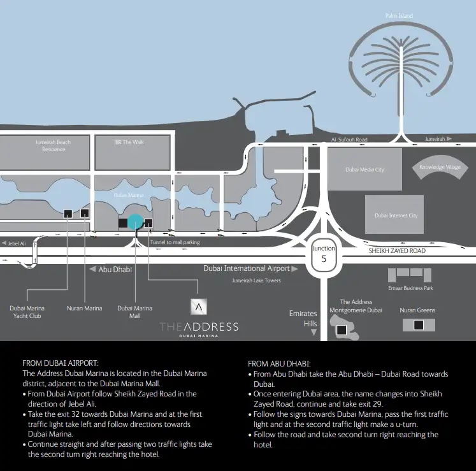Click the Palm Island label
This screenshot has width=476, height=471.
pyautogui.click(x=399, y=16)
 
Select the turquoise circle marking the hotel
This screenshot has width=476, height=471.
pyautogui.click(x=135, y=222)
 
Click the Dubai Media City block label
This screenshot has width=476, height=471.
pyautogui.click(x=364, y=170)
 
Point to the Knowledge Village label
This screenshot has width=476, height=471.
pyautogui.click(x=440, y=168)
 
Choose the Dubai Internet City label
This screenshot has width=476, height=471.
pyautogui.click(x=396, y=215)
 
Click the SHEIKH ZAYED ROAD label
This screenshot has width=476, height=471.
pyautogui.click(x=397, y=251)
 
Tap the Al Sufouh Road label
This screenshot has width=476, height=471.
pyautogui.click(x=349, y=139)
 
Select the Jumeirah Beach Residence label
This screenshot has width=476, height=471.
pyautogui.click(x=54, y=145)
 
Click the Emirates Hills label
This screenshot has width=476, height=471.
pyautogui.click(x=303, y=318)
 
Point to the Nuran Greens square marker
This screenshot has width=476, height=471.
pyautogui.click(x=419, y=325)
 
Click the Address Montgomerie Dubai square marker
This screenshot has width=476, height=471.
pyautogui.click(x=342, y=330)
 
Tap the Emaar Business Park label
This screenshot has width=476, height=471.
pyautogui.click(x=410, y=288)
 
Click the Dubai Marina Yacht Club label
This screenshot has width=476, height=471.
pyautogui.click(x=27, y=312)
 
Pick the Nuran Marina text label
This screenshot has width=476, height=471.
pyautogui.click(x=84, y=308)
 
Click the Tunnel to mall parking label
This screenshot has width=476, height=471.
pyautogui.click(x=175, y=243)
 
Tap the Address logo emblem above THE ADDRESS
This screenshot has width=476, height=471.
pyautogui.click(x=199, y=307)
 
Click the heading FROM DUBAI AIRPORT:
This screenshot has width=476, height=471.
pyautogui.click(x=61, y=362)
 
